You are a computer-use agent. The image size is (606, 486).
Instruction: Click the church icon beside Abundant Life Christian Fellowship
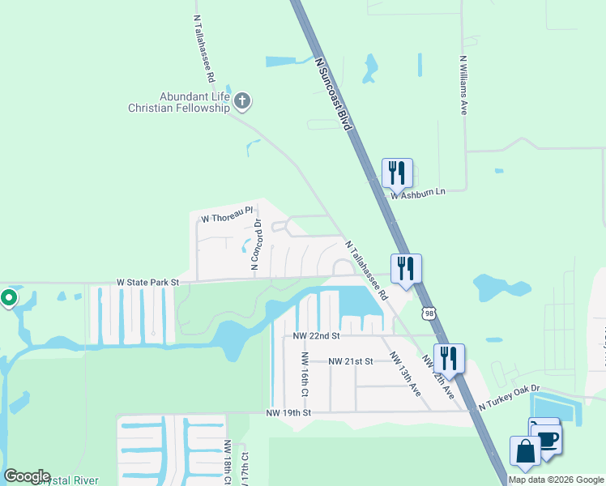(x=242, y=101)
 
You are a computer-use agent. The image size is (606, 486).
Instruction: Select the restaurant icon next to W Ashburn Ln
(x=397, y=173)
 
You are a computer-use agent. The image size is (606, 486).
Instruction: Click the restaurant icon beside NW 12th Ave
(x=449, y=358)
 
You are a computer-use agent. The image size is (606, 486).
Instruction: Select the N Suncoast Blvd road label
(x=335, y=96)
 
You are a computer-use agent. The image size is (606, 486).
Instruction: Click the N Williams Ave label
(x=464, y=84)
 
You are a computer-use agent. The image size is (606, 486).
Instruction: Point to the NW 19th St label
(x=289, y=413)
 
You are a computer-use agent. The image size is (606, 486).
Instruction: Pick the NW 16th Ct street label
(x=305, y=373)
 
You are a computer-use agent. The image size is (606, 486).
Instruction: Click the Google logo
(x=26, y=476)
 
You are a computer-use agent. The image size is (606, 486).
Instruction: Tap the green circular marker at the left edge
(x=9, y=298)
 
